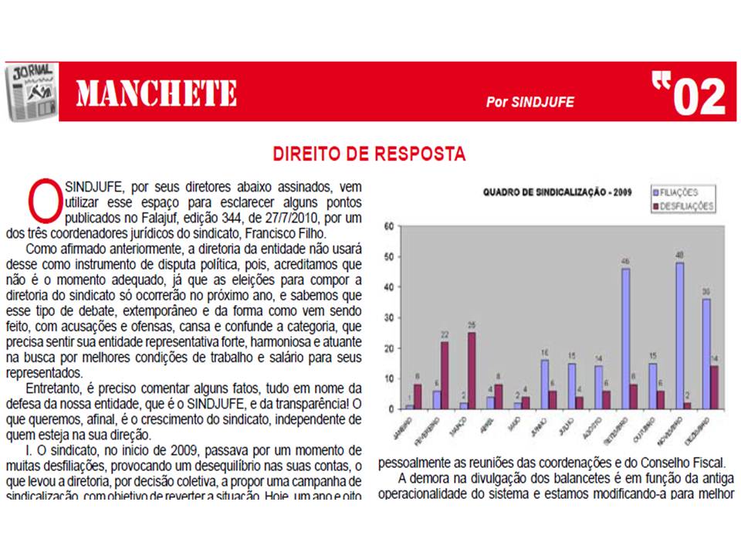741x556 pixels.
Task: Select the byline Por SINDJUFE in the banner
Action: pyautogui.click(x=530, y=102)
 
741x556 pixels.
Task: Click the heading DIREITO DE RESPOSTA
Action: pyautogui.click(x=369, y=154)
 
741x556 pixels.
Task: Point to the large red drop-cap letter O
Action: pyautogui.click(x=42, y=201)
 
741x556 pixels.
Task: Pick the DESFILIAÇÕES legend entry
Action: pyautogui.click(x=685, y=206)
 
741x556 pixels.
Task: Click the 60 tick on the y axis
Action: pyautogui.click(x=391, y=226)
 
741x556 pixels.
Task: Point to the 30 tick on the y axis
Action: pyautogui.click(x=391, y=318)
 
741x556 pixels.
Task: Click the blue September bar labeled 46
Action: pyautogui.click(x=625, y=338)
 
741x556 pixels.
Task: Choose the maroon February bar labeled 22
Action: pyautogui.click(x=445, y=375)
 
